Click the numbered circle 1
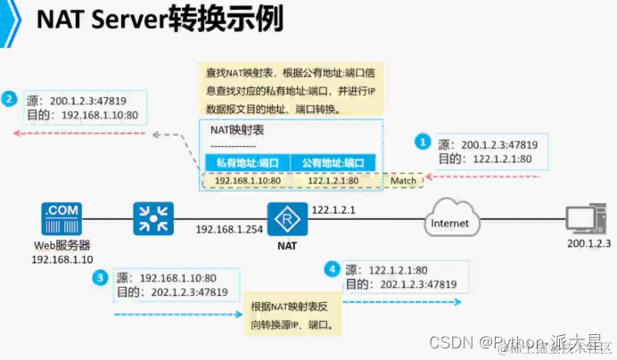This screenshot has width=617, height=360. (423, 142)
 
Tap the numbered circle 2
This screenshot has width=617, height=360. (10, 98)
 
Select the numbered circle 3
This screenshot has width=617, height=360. (100, 278)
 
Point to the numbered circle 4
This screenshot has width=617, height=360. (333, 268)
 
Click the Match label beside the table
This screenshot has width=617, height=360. (403, 180)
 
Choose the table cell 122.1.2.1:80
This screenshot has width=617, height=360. (333, 180)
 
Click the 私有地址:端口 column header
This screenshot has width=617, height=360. (247, 162)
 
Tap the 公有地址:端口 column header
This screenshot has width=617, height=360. (333, 162)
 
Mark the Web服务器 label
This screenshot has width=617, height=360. (61, 245)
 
